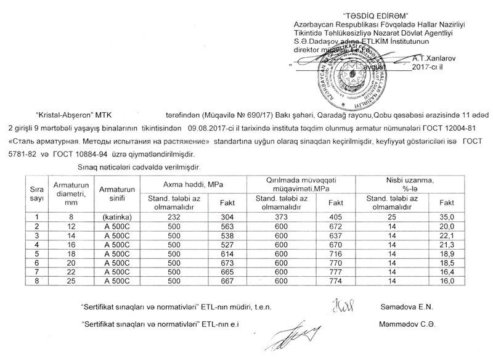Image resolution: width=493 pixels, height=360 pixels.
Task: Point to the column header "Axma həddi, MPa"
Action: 193,184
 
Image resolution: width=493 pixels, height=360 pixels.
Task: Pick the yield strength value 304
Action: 227,217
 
